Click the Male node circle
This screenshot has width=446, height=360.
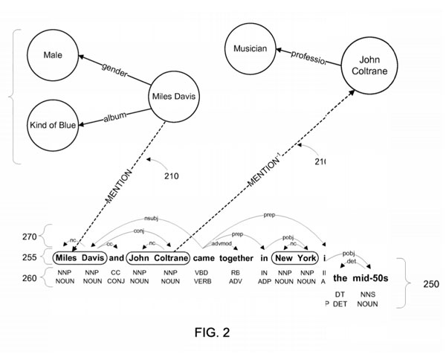tap(53, 54)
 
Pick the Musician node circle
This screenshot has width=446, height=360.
tap(251, 50)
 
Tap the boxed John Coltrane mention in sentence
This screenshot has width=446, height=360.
tap(157, 259)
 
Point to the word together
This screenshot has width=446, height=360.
tap(236, 259)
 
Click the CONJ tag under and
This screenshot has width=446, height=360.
tap(114, 281)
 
